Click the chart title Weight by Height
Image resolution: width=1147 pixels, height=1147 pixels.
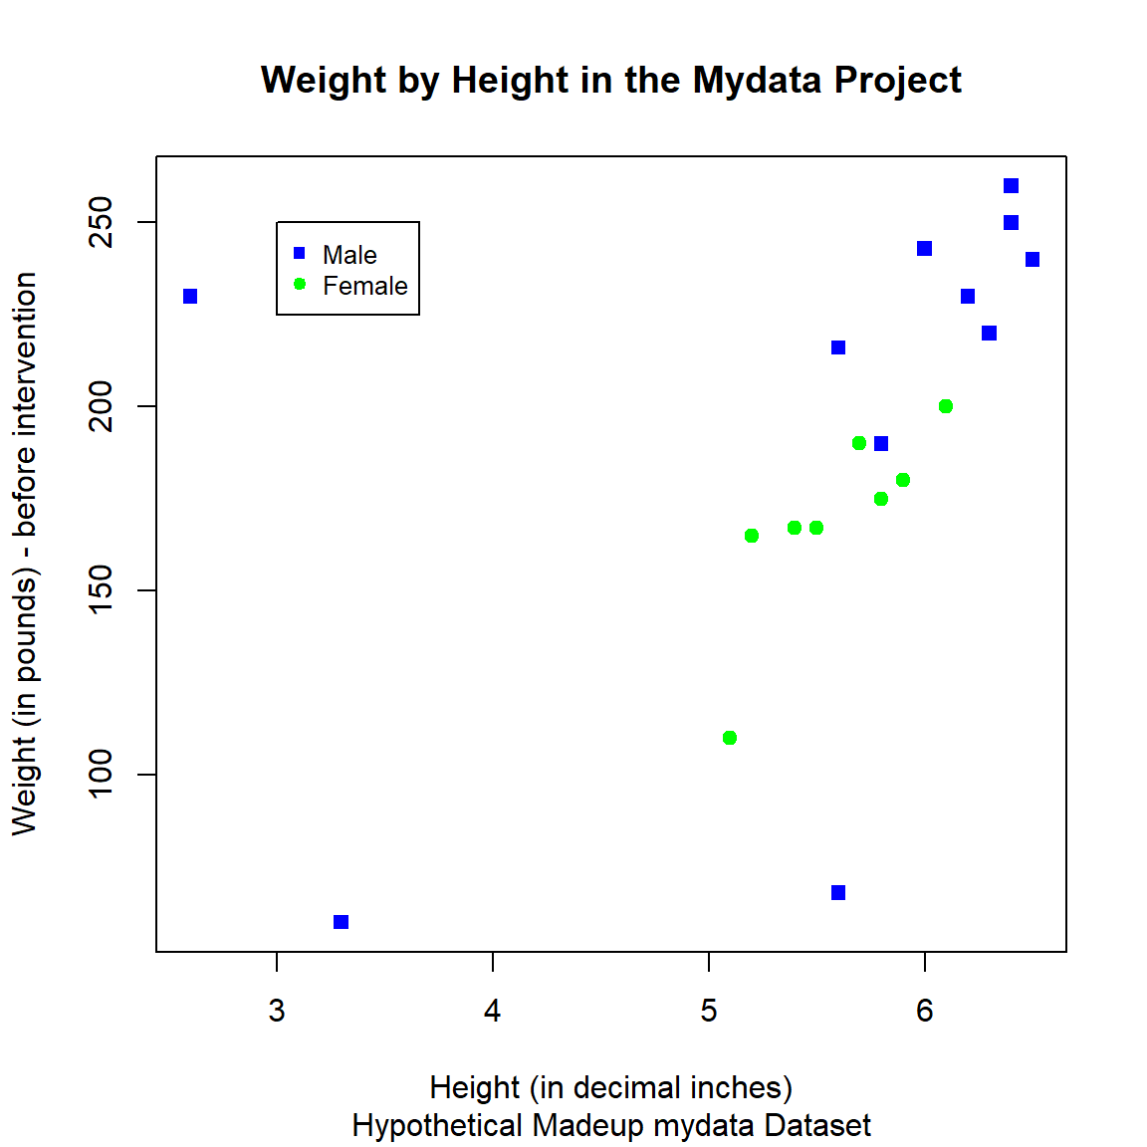click(610, 80)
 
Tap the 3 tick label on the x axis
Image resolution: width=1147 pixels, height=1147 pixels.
click(277, 1012)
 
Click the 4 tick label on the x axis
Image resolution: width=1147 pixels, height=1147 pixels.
click(493, 1012)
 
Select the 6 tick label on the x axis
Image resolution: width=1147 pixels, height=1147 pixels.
click(925, 1012)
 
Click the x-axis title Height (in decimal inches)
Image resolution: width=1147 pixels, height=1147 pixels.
click(610, 1087)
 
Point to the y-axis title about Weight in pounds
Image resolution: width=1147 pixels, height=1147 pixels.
click(24, 554)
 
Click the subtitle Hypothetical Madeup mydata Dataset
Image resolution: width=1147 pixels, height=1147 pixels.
click(610, 1125)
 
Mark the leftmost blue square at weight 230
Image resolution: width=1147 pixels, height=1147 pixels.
click(190, 297)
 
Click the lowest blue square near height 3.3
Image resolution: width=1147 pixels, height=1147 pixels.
click(342, 922)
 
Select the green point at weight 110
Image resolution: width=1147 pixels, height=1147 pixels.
click(730, 738)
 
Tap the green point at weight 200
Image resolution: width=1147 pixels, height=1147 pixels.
click(946, 406)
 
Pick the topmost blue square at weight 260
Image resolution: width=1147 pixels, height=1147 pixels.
click(1011, 186)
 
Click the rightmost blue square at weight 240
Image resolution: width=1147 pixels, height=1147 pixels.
click(1032, 260)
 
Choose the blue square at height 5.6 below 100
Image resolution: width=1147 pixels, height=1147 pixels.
click(838, 893)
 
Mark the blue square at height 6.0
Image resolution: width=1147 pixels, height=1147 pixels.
click(925, 249)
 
